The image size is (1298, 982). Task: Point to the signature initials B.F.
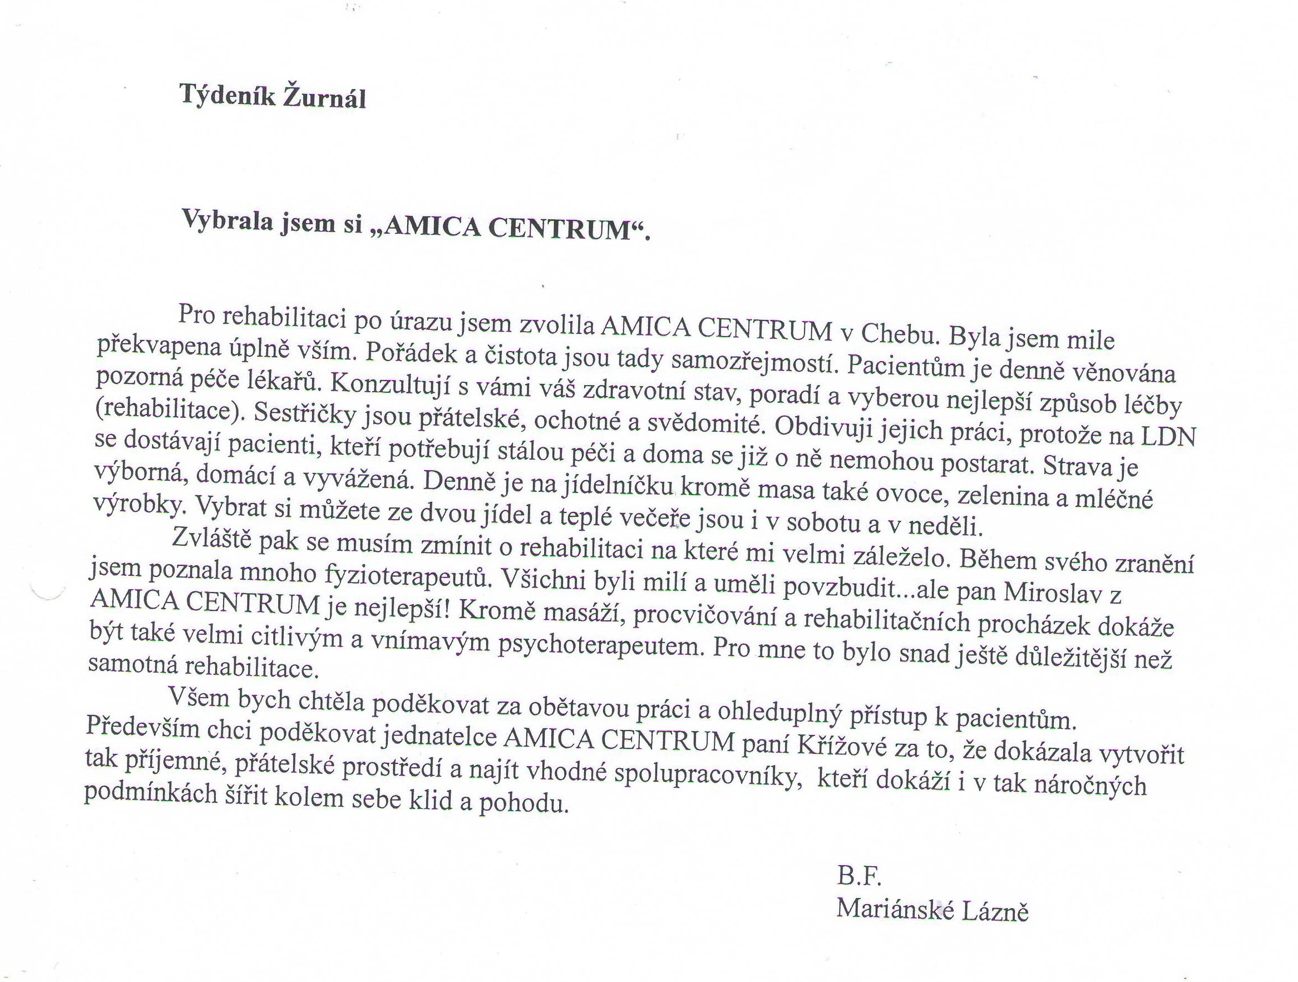point(859,877)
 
